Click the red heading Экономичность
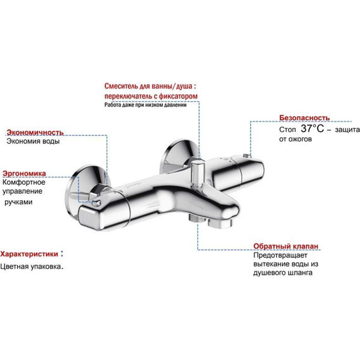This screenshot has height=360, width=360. coord(35,132)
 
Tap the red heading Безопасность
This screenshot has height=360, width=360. coord(304,118)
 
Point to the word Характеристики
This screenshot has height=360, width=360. coord(29,254)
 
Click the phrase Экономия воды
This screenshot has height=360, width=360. coord(33,141)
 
